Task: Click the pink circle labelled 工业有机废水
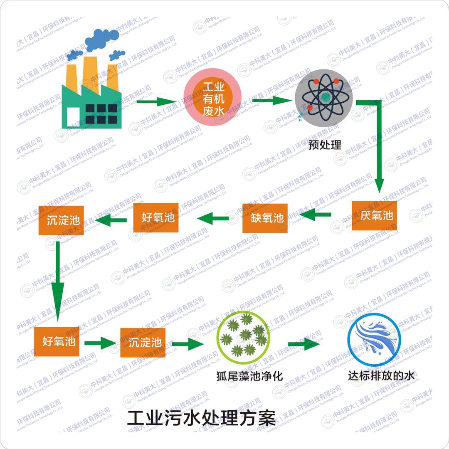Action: click(x=213, y=99)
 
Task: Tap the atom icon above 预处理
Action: click(x=323, y=98)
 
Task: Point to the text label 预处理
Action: click(x=325, y=145)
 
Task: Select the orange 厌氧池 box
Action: click(x=374, y=216)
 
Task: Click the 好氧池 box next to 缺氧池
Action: click(x=156, y=217)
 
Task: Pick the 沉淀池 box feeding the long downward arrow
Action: click(x=61, y=220)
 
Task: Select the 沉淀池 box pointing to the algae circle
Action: click(x=143, y=343)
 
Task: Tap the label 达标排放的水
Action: click(x=381, y=375)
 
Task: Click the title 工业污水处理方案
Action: click(x=201, y=418)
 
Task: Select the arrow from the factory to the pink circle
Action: click(x=156, y=101)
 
